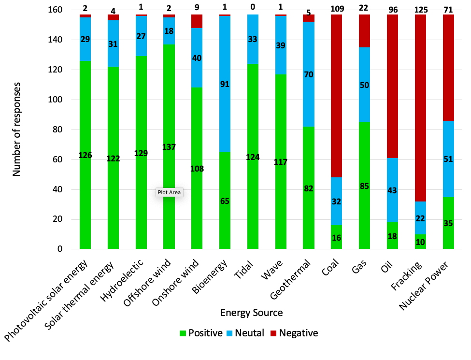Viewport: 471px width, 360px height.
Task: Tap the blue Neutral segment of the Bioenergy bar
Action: pyautogui.click(x=225, y=111)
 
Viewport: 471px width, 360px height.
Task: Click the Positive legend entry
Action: pyautogui.click(x=200, y=333)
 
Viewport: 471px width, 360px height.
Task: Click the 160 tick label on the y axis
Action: pyautogui.click(x=63, y=10)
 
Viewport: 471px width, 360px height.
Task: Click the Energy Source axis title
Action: pyautogui.click(x=251, y=313)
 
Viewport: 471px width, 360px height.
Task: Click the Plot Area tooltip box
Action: pyautogui.click(x=169, y=192)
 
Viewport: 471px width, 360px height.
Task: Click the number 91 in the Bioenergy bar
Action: pyautogui.click(x=225, y=85)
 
